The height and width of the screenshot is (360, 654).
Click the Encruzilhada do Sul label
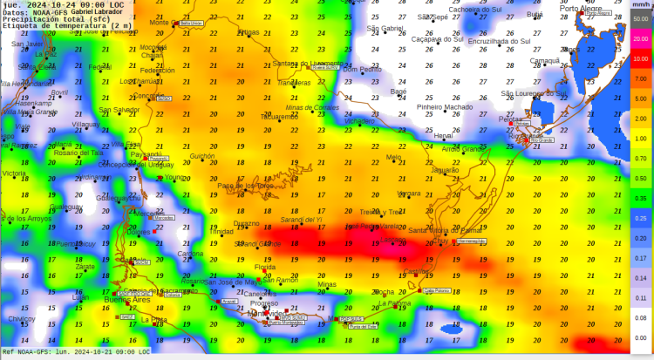coord(499,40)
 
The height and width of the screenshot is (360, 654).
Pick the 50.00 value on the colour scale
coord(640,19)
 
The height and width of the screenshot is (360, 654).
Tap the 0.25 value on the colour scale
coord(640,218)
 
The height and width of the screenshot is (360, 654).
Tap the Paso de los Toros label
coord(245,186)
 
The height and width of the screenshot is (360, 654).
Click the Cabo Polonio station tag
coord(435,291)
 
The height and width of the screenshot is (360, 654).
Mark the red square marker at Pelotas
coord(511,123)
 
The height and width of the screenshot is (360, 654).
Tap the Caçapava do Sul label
coord(437,39)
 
